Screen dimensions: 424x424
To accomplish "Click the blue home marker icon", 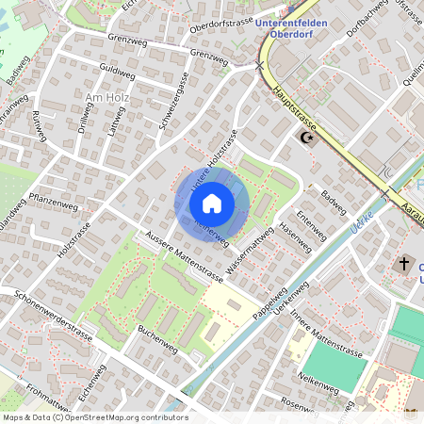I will tap(212, 202).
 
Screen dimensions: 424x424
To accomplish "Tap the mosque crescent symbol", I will tap(305, 138).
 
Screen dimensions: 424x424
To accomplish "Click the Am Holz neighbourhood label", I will tap(106, 98).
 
